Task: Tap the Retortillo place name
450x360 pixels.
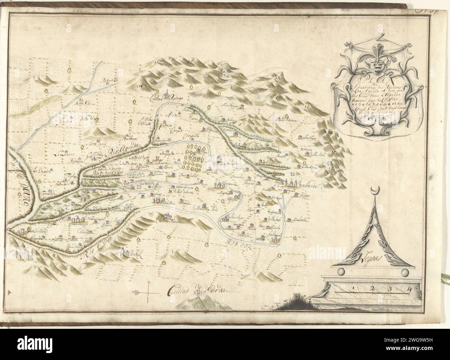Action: pos(110,82)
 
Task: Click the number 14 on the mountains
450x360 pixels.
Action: pos(140,86)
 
